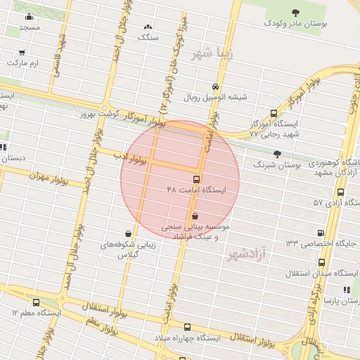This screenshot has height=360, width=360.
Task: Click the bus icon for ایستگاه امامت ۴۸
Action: coord(195,179)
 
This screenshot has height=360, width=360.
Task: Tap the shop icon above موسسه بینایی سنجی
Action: coord(195,215)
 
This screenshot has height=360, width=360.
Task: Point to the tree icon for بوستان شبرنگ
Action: coord(277,153)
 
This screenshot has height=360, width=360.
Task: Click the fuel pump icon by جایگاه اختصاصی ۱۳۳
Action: coord(321,233)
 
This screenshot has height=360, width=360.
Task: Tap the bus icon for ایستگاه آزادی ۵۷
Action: coord(340,191)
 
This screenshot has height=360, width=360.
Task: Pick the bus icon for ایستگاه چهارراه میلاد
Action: coord(186,327)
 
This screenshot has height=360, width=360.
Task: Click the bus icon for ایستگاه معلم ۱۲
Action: coord(36,302)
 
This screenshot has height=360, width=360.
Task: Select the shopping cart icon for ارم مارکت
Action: coord(22,52)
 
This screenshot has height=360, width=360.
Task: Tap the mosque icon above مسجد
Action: coord(29,17)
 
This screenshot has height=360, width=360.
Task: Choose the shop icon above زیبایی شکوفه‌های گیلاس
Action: coord(128,233)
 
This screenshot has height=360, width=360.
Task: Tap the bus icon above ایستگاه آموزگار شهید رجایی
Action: coord(274,112)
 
